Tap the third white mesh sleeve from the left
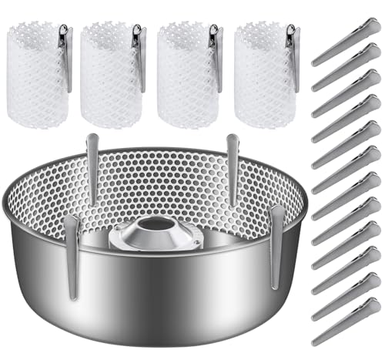click(x=185, y=73)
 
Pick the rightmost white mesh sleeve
click(x=262, y=73)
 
